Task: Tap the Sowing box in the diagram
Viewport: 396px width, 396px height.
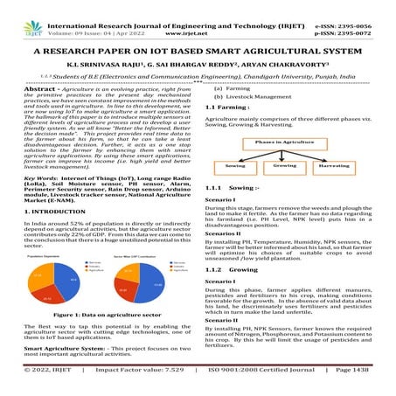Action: pyautogui.click(x=233, y=164)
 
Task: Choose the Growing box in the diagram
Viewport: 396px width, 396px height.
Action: pyautogui.click(x=285, y=164)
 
